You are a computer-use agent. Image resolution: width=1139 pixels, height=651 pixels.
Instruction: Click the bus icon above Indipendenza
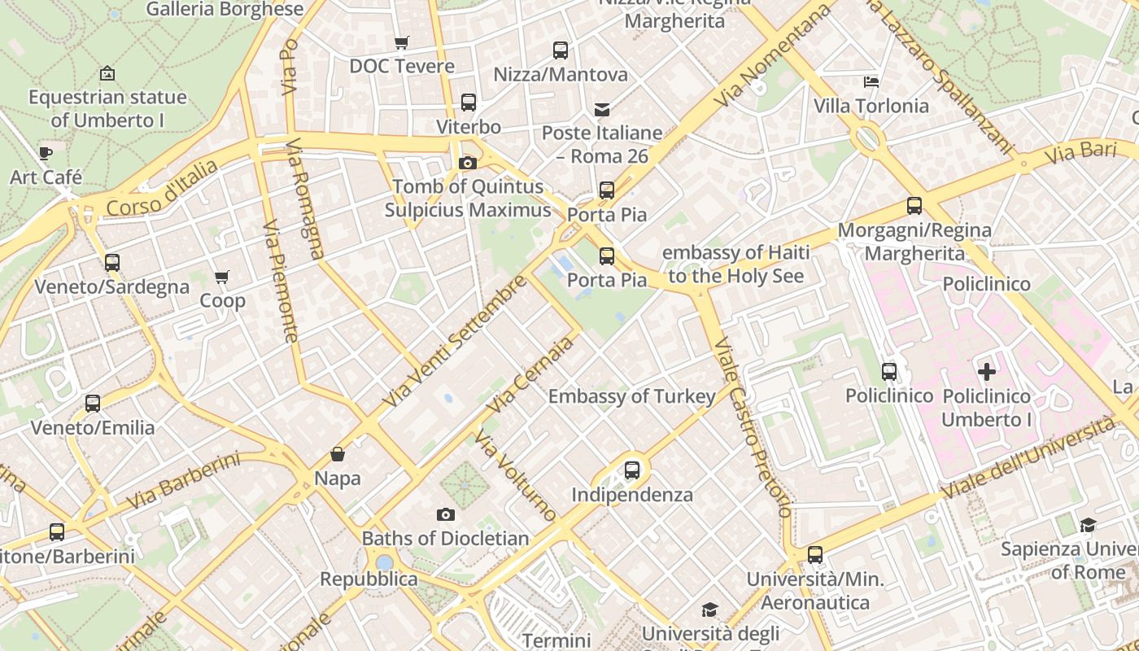pos(632,470)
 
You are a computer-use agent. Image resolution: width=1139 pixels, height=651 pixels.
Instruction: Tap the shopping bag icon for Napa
pos(338,454)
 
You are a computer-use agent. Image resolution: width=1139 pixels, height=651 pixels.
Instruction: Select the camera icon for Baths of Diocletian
pos(445,514)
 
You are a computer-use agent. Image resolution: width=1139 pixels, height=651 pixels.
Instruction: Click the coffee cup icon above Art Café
pos(46,153)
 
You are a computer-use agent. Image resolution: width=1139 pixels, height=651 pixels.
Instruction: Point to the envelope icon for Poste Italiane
pos(602,109)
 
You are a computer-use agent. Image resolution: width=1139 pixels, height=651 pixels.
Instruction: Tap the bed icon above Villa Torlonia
pos(871,82)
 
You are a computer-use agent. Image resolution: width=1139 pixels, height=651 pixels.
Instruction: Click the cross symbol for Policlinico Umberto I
pos(987,373)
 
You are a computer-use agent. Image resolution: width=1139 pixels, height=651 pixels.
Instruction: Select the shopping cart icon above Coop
pos(222,277)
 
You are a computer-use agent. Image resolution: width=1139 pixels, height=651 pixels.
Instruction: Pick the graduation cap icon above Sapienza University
pos(1088,525)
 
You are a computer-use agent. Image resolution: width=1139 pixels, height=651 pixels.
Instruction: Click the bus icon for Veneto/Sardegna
pos(112,263)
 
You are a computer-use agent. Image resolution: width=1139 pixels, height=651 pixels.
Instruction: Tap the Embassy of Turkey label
pos(632,396)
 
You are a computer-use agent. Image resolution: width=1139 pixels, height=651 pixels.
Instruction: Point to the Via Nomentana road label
pos(775,55)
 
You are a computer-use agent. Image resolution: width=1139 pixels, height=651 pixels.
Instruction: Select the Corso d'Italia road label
pos(162,189)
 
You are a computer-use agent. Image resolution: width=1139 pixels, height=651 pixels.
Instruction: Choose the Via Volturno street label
pos(516,476)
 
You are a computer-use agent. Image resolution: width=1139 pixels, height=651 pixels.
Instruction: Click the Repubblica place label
pos(369,579)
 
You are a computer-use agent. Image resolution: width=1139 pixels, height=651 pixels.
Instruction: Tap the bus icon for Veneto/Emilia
pos(93,404)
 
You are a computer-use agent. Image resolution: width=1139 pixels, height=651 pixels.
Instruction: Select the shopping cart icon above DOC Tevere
pos(401,42)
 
